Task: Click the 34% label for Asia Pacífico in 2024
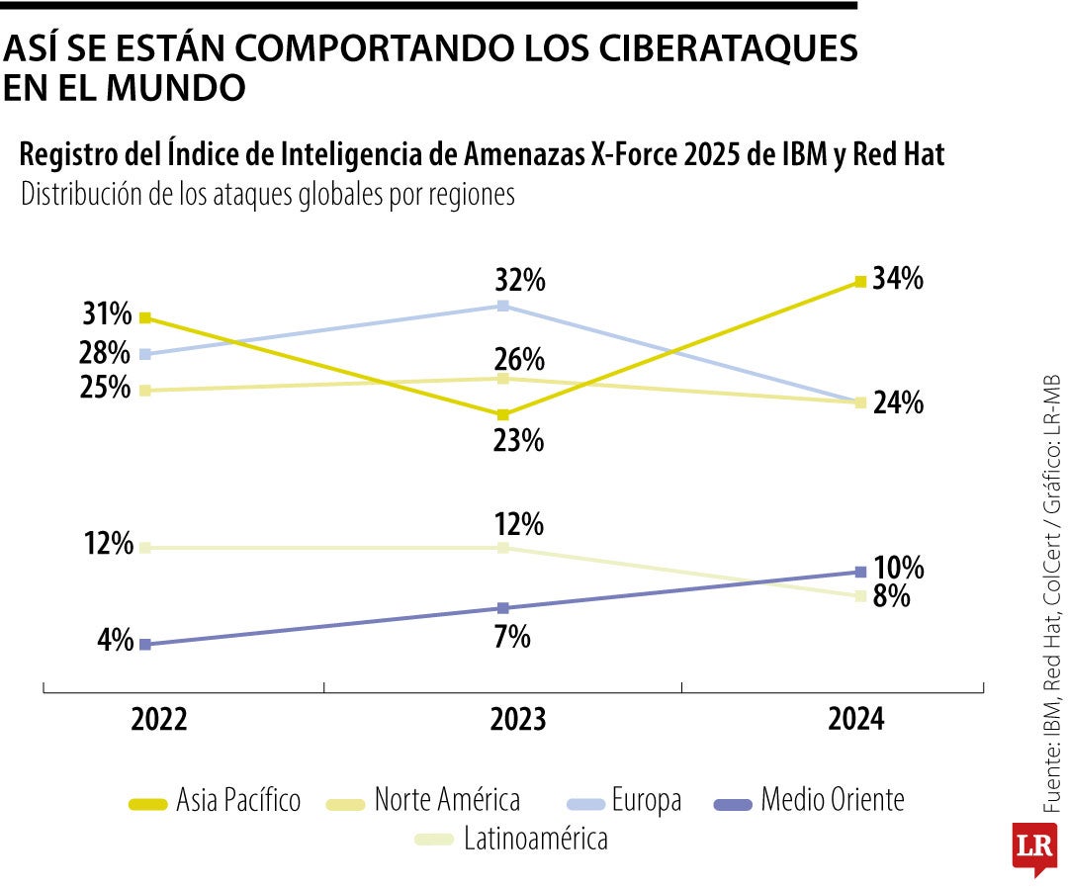coord(898,280)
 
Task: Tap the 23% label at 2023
coord(518,440)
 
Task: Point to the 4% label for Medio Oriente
coord(114,640)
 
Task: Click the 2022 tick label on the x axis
coord(158,720)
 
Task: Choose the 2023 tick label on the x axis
coord(517,720)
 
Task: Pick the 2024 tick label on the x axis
coord(857,720)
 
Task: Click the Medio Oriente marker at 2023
coord(503,608)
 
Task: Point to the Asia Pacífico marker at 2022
coord(144,317)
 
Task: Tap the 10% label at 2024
coord(899,569)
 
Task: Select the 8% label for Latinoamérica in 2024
coord(891,597)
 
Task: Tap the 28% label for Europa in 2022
coord(107,352)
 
